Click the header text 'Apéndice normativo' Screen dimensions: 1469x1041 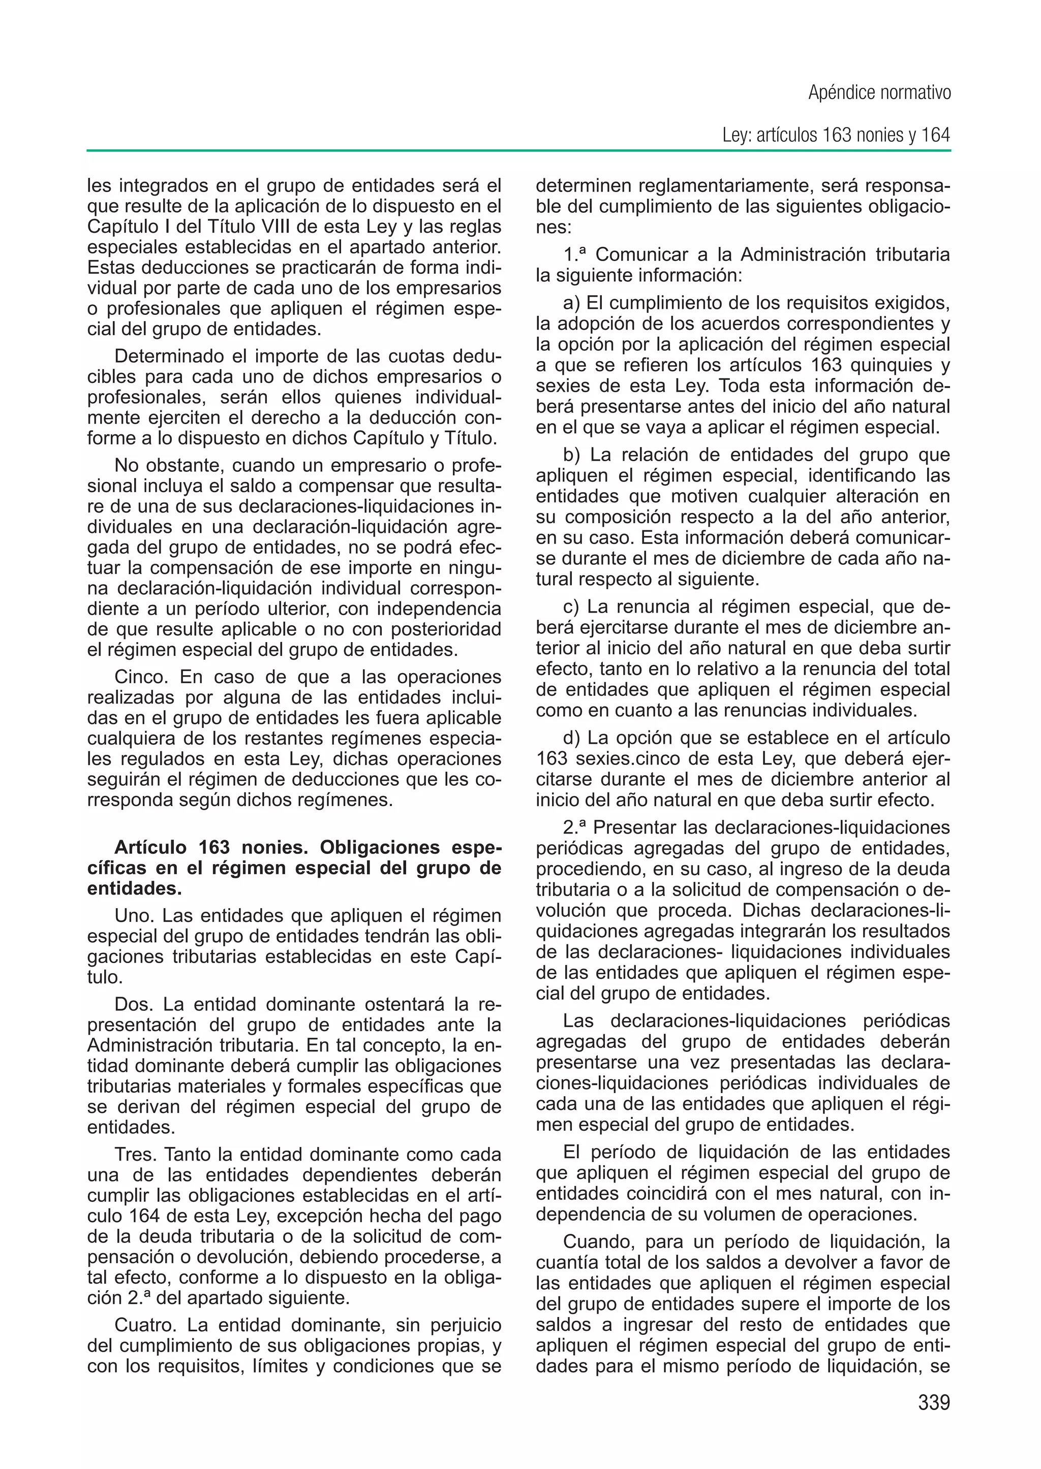879,93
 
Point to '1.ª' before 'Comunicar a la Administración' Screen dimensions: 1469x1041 575,254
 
